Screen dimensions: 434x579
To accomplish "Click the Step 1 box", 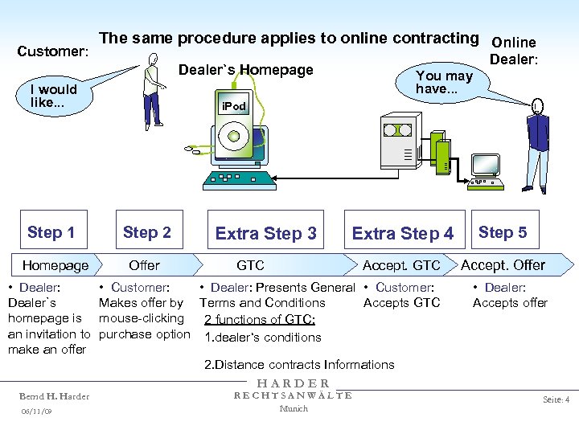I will (x=51, y=232).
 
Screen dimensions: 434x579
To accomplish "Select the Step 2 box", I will (x=146, y=232).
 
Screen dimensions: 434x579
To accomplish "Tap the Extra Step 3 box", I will (x=265, y=233).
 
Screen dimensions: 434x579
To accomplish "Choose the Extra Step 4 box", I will (x=402, y=233).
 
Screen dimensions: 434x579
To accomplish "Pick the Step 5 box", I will (x=503, y=232).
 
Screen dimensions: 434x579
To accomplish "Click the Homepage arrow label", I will (x=55, y=265).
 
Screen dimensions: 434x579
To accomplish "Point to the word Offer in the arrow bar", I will (x=144, y=265).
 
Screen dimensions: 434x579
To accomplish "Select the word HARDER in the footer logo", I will (x=293, y=384).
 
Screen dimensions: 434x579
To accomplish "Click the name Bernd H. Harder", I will (x=54, y=396).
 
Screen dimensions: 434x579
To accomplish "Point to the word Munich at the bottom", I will (x=293, y=408).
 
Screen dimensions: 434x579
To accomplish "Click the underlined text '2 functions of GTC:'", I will (x=259, y=319).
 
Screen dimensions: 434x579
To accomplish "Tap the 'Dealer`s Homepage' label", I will (x=245, y=70).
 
